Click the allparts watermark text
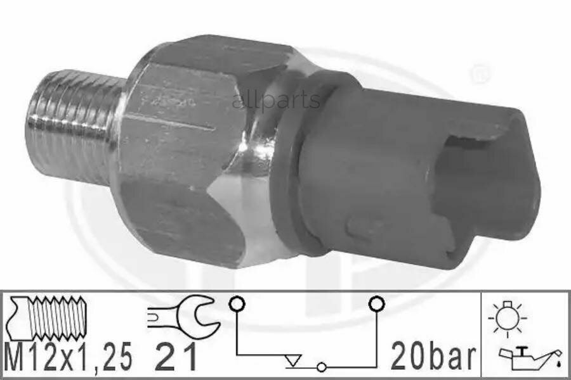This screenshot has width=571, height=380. click(276, 100)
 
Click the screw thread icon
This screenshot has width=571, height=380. click(48, 317)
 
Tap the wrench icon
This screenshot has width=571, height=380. click(183, 315)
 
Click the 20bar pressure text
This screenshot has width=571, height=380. click(433, 357)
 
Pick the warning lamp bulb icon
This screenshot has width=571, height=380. click(508, 318)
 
